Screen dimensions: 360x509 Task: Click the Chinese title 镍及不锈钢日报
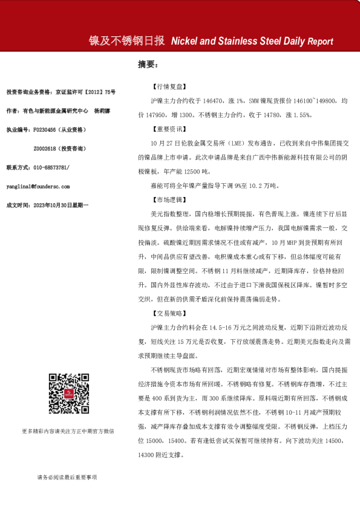click(126, 41)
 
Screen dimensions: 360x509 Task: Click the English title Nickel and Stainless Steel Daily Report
click(252, 42)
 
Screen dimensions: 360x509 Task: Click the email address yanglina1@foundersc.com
click(38, 187)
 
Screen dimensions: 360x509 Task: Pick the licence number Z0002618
click(48, 148)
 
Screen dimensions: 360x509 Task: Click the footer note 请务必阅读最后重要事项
click(67, 478)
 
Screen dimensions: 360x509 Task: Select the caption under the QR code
click(67, 431)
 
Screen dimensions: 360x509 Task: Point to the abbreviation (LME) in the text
click(224, 143)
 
